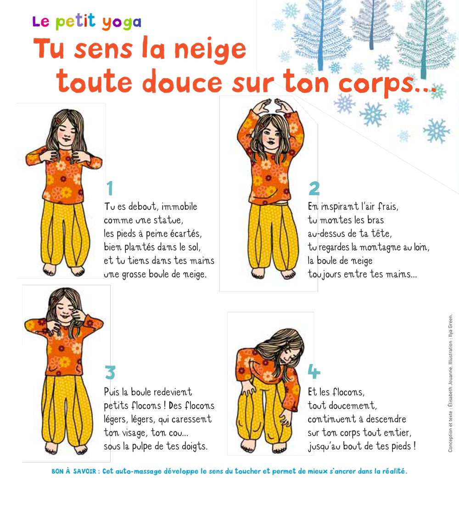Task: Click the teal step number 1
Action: click(110, 188)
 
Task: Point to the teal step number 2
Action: click(314, 188)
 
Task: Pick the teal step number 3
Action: click(110, 372)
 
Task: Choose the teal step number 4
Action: click(314, 372)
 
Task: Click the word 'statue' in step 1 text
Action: click(168, 220)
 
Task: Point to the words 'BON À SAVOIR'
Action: click(74, 471)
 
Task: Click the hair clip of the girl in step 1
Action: click(58, 121)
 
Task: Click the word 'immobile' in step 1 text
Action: click(179, 207)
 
